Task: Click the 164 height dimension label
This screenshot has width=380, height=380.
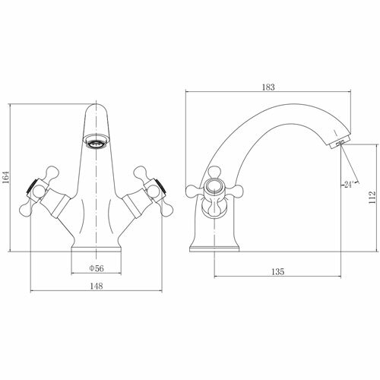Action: [x=5, y=177]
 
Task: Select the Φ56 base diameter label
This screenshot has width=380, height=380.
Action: [x=97, y=268]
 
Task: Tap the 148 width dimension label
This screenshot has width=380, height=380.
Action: [x=97, y=286]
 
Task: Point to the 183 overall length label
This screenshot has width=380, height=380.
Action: [x=268, y=87]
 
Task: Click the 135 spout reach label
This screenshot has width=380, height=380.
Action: [x=278, y=272]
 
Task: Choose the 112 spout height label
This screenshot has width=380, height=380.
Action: [x=372, y=198]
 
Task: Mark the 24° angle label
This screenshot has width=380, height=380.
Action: [x=348, y=185]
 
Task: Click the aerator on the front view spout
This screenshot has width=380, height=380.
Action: [x=96, y=142]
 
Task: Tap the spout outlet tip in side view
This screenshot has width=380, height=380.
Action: [x=340, y=144]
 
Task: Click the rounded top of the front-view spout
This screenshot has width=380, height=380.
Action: [x=97, y=109]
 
